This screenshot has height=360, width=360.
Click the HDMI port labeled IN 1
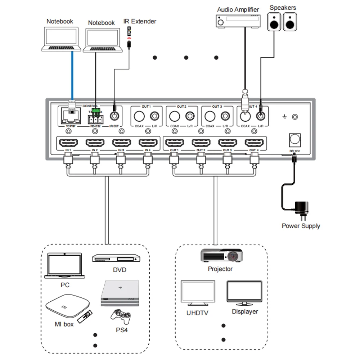[68, 144]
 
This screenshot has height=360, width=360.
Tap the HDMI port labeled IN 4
[147, 144]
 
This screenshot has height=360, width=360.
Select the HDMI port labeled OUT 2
[201, 144]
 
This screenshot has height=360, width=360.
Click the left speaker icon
[275, 22]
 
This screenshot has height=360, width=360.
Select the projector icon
[221, 256]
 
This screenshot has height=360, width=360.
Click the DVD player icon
[116, 258]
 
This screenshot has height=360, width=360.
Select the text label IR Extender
[140, 21]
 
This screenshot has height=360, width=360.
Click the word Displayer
[245, 311]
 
